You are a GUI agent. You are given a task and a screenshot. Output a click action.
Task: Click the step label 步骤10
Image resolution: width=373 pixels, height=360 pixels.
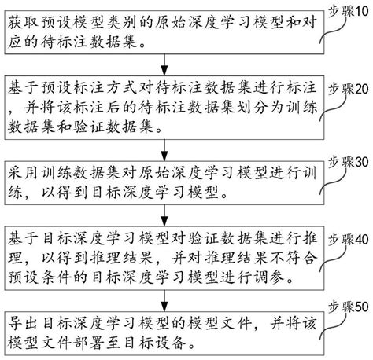(x=347, y=11)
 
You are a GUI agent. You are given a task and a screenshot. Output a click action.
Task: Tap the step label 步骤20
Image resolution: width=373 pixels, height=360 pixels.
(x=347, y=89)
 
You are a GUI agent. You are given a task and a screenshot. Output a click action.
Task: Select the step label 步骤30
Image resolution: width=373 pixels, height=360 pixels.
(x=347, y=163)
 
